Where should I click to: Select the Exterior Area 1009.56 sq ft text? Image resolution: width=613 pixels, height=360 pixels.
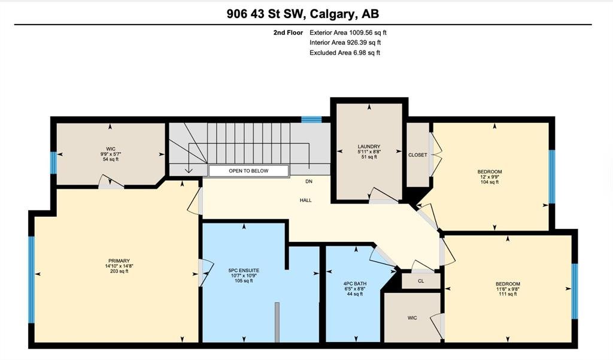[348, 33]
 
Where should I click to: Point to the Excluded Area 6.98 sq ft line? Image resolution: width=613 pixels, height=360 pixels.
[345, 53]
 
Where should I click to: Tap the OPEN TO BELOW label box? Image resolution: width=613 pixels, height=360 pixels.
[248, 171]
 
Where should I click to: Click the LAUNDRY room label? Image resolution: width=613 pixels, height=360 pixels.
[369, 147]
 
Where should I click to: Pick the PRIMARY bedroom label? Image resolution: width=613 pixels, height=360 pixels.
[119, 261]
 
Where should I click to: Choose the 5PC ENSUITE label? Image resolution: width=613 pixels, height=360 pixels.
[244, 270]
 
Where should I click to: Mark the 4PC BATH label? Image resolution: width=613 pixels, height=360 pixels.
[355, 284]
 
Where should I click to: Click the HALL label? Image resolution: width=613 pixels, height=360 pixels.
[306, 200]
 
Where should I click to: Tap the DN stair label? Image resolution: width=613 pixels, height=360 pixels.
[309, 181]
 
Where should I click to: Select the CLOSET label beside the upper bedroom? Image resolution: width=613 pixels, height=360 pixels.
[417, 155]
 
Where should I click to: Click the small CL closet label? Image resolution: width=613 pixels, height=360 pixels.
[421, 281]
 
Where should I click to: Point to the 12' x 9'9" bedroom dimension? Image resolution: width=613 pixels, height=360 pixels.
[490, 177]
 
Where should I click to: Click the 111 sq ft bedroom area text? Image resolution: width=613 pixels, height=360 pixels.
[508, 294]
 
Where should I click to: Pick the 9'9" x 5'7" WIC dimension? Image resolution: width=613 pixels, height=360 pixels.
[111, 154]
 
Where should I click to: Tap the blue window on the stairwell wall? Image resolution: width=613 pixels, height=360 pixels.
[311, 120]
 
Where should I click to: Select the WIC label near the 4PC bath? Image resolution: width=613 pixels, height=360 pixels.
[412, 318]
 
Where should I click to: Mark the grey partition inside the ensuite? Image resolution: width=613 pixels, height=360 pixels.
[277, 322]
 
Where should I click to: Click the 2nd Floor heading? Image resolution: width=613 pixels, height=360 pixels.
[288, 33]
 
